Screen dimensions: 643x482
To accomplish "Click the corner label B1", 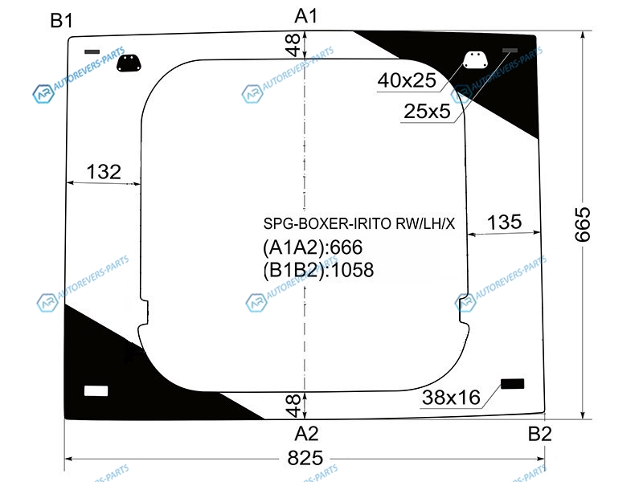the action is coord(62,21).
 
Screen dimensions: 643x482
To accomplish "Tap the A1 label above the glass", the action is coord(306,16).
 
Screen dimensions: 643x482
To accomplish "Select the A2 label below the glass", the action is coord(306,434).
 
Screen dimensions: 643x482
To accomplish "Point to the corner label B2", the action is coord(539,434).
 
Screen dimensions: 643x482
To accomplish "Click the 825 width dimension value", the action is coord(305,458).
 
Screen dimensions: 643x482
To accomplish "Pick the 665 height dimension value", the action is coord(582,225).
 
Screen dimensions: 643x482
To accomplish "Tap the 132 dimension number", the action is coord(104,172).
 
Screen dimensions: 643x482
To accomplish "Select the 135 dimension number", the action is coord(505,223).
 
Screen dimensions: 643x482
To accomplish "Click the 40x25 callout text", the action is coord(407,80).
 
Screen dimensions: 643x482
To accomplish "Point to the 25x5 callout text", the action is coord(427,111).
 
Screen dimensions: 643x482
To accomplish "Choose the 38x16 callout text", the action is coord(451,398).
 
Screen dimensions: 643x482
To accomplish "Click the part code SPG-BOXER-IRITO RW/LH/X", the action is coord(358,224).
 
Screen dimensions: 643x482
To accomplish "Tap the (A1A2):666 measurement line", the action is coord(313,247).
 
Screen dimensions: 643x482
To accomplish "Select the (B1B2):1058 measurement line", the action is coord(318,270).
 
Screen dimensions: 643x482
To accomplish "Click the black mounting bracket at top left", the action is coord(129,63).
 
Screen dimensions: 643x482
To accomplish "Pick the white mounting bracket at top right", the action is coord(475,59).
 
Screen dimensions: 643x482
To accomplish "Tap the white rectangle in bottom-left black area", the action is coord(96,390).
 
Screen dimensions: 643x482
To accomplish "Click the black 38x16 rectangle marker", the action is coord(513,384).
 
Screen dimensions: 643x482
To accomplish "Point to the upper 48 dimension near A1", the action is coord(293,45).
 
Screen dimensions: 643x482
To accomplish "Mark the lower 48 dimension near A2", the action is coord(293,406).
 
